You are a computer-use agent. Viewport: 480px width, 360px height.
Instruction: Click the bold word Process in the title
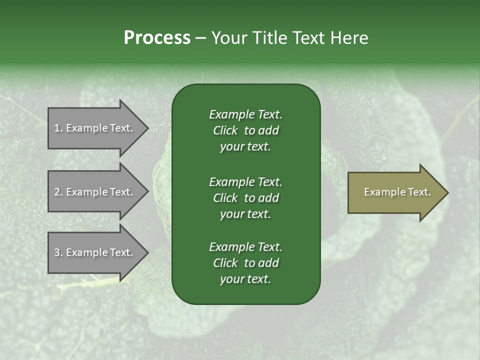point(157,38)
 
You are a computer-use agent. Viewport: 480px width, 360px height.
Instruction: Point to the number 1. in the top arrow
point(58,128)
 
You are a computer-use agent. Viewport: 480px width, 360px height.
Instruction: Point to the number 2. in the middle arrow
point(58,192)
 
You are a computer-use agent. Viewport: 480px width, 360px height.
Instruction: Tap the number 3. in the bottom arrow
point(58,252)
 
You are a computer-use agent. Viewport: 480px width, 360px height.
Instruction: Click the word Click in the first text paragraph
point(225,130)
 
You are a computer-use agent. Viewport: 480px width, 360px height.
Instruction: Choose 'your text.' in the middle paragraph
point(245,214)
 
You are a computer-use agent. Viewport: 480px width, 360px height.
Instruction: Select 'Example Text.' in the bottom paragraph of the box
point(245,247)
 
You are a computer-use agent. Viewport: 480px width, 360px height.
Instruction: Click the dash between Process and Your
point(200,38)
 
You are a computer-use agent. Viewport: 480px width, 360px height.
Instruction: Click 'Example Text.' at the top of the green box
point(245,114)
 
